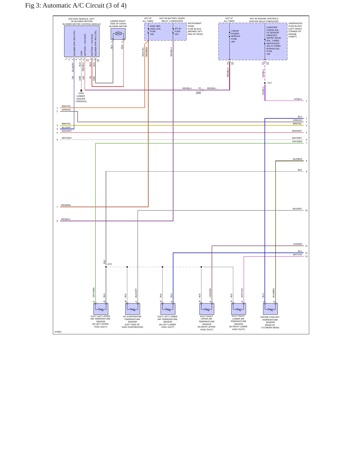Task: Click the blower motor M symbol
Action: point(118,34)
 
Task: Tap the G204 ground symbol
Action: point(81,91)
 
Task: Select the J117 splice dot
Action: point(265,83)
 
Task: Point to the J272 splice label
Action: point(109,264)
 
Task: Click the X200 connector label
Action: point(198,92)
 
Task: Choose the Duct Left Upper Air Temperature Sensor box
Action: point(101,309)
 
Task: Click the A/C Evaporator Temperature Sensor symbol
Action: point(133,309)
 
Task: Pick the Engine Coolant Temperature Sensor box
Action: point(270,309)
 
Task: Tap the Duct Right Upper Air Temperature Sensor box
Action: point(207,309)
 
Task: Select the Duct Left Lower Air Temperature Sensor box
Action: point(168,309)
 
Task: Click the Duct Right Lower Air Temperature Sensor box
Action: point(238,309)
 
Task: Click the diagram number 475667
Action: point(58,332)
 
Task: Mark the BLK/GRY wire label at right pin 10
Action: point(297,209)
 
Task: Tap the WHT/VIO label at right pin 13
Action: point(297,255)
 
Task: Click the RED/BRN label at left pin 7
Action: point(66,205)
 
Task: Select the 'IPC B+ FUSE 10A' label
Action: point(178,31)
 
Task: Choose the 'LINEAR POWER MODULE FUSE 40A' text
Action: point(235,36)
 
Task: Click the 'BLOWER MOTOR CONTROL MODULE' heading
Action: point(82,24)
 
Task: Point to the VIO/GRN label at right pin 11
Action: point(298,244)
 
